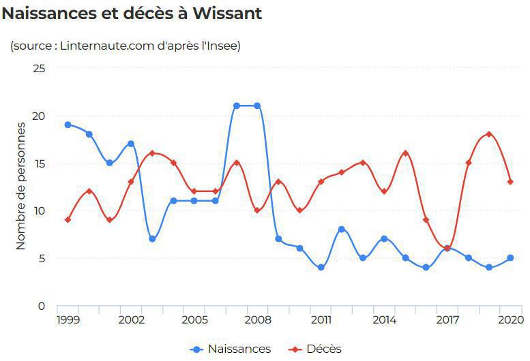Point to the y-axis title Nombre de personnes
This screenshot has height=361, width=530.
coord(21,185)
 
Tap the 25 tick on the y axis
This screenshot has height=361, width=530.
coord(39,68)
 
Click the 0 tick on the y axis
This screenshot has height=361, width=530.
coord(42,306)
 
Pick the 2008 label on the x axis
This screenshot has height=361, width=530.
coord(257,319)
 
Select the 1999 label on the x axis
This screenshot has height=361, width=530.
coord(68,319)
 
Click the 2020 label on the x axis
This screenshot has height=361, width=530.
coord(510,319)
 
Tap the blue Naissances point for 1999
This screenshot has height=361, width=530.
coord(68,125)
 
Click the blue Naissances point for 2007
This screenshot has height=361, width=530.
coord(236,106)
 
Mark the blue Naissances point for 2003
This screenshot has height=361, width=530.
coord(152,239)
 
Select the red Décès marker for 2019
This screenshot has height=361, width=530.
coord(489,134)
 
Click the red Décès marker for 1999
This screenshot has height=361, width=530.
coord(68,220)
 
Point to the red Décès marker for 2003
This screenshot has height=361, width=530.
coord(152,153)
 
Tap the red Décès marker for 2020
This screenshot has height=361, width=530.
coord(510,182)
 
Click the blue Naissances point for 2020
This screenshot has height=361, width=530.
coord(510,258)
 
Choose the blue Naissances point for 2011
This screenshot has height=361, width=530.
coord(321,268)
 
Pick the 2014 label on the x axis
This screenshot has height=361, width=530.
coord(384,319)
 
